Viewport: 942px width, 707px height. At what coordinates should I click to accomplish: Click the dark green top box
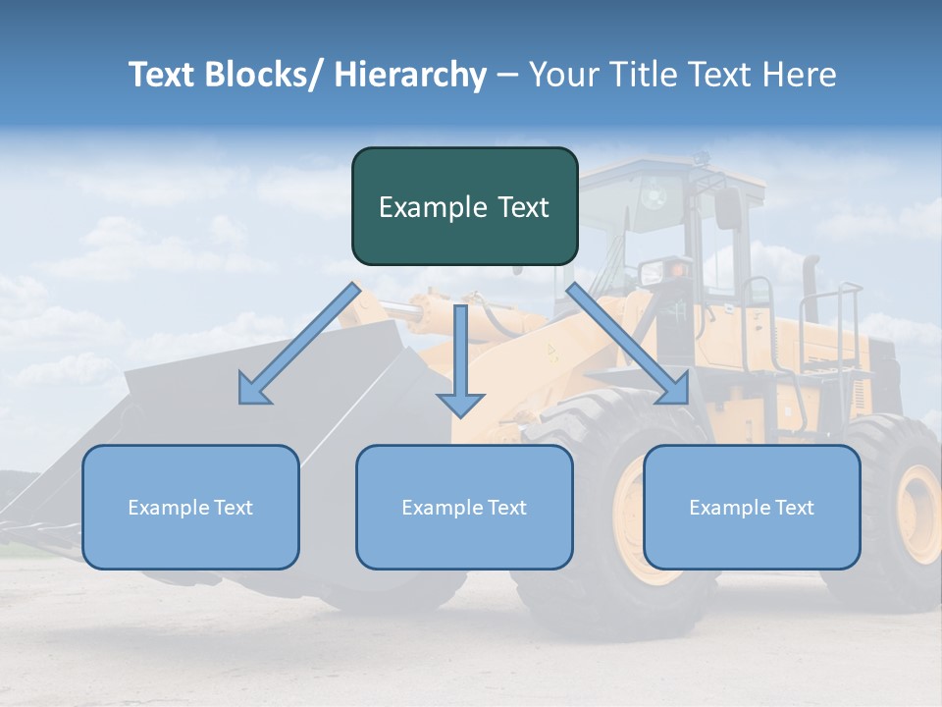[x=464, y=206]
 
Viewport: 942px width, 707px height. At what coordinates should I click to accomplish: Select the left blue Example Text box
[x=190, y=507]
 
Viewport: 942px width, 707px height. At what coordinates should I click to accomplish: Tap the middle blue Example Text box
[x=464, y=507]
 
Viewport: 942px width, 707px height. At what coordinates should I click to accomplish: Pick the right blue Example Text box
[x=752, y=507]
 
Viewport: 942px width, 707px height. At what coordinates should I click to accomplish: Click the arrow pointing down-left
[x=299, y=344]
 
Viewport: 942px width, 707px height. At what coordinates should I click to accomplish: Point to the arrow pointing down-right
[x=628, y=344]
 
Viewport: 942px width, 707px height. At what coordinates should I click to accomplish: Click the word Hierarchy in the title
[x=410, y=75]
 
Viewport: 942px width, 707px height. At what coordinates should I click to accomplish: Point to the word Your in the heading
[x=561, y=75]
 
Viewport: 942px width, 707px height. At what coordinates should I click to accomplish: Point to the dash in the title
[x=507, y=75]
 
